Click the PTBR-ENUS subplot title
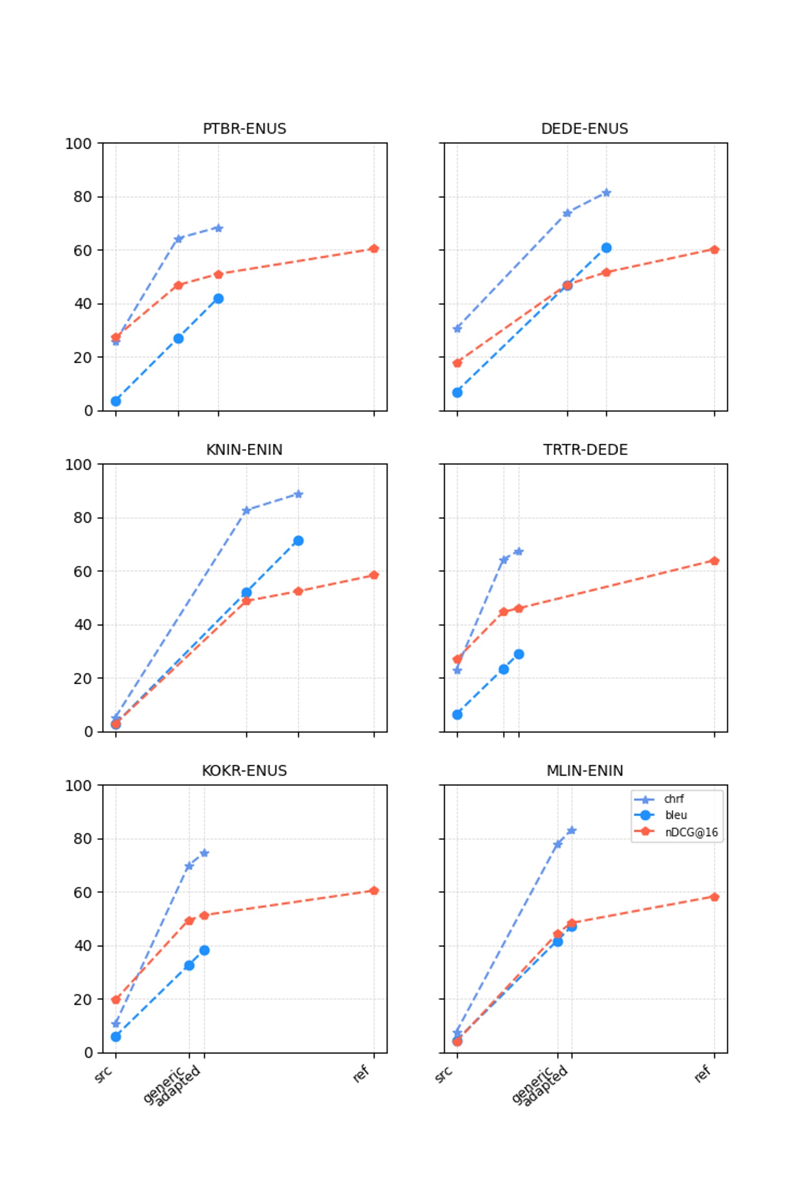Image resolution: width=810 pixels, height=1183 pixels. pyautogui.click(x=244, y=129)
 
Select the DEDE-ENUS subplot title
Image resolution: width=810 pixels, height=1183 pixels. pyautogui.click(x=585, y=129)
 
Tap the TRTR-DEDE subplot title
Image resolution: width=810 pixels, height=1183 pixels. pyautogui.click(x=585, y=450)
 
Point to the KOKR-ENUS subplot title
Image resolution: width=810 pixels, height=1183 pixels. pyautogui.click(x=244, y=771)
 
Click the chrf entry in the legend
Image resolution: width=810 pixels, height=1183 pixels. pyautogui.click(x=673, y=799)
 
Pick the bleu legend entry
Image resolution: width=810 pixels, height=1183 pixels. pyautogui.click(x=675, y=815)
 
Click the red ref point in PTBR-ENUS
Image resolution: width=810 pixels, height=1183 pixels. pyautogui.click(x=374, y=249)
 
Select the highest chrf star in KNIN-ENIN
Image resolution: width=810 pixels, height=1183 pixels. pyautogui.click(x=298, y=494)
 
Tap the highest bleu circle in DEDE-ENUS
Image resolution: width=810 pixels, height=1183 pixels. pyautogui.click(x=606, y=248)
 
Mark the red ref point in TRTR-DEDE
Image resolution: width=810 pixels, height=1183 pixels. pyautogui.click(x=714, y=561)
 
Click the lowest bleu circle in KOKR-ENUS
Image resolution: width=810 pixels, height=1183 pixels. pyautogui.click(x=116, y=1037)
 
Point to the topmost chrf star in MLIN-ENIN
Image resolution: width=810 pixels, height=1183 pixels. pyautogui.click(x=572, y=830)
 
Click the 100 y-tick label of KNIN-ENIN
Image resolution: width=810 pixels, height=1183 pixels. pyautogui.click(x=78, y=465)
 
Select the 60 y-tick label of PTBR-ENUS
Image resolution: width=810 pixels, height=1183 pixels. pyautogui.click(x=83, y=251)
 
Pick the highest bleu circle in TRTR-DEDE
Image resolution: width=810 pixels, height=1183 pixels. pyautogui.click(x=519, y=654)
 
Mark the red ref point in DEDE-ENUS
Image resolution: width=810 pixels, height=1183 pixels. pyautogui.click(x=714, y=250)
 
